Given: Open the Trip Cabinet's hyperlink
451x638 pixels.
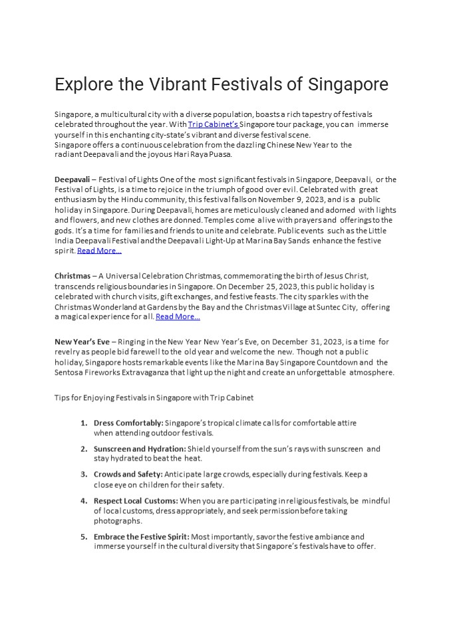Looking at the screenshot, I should [x=213, y=124].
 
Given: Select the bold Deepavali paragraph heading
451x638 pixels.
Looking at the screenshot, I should [x=72, y=179].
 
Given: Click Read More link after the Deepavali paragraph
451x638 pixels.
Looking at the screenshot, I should [x=99, y=251].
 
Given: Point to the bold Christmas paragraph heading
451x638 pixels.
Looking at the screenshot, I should [x=73, y=276].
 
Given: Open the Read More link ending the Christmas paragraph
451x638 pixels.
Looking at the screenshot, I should [x=178, y=316].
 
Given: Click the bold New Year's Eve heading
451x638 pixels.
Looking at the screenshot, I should [x=82, y=342].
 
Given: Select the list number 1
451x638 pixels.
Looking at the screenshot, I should [x=84, y=423].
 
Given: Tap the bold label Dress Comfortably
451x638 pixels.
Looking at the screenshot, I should [x=128, y=423].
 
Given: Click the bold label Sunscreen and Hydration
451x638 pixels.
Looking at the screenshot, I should [x=140, y=449].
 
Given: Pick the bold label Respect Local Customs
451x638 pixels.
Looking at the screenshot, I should [x=136, y=500].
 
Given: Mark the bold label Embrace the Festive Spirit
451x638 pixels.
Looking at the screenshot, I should [x=142, y=536].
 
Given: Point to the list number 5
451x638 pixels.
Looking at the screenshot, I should [x=84, y=536].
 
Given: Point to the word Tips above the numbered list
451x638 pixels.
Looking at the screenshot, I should [x=62, y=397].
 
